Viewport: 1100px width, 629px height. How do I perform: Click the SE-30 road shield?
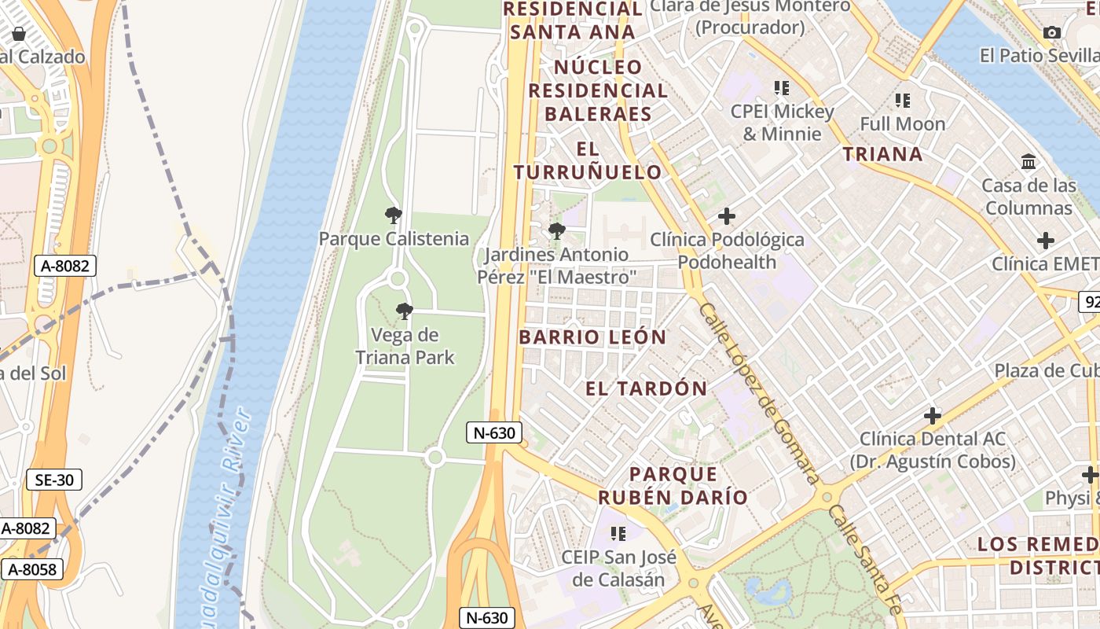(x=53, y=480)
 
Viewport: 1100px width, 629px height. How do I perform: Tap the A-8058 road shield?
(x=32, y=569)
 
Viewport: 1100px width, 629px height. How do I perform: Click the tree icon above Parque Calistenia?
(x=394, y=215)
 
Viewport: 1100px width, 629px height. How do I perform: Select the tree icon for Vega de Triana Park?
(x=405, y=311)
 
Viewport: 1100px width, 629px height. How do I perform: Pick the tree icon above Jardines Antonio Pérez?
(x=556, y=231)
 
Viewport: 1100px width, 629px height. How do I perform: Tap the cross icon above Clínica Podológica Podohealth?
(x=727, y=215)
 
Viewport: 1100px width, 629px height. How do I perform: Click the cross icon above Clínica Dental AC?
(x=933, y=415)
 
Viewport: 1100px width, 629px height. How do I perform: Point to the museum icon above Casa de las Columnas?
(x=1028, y=162)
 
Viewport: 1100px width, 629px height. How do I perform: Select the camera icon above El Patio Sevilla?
(x=1052, y=32)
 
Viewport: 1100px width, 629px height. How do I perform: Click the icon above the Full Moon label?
(x=902, y=101)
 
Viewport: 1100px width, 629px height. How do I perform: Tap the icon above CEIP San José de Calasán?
(x=618, y=534)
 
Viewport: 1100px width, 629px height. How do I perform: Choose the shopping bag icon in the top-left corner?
(x=19, y=34)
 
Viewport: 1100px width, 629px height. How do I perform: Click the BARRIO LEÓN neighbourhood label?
(x=592, y=337)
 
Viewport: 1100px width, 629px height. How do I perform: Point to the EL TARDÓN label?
(x=647, y=388)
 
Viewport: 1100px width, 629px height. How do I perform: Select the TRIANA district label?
(x=882, y=154)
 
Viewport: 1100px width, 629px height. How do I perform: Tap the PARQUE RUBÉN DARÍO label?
(x=673, y=485)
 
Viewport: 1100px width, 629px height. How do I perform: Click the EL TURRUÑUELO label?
(x=588, y=160)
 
